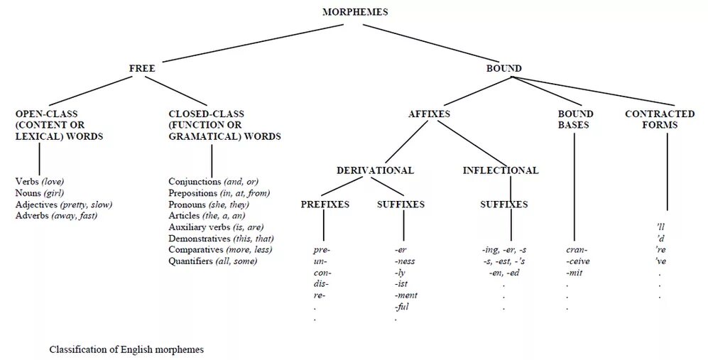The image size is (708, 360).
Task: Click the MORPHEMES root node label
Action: (355, 12)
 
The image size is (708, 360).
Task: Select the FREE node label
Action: (142, 69)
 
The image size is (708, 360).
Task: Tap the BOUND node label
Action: (503, 69)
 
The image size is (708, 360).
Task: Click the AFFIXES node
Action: (429, 114)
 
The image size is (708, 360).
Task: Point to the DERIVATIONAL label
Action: (375, 170)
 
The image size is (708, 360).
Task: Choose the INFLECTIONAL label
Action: (501, 170)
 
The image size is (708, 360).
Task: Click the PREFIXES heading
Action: (325, 204)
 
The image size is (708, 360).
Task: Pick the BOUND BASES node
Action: (575, 119)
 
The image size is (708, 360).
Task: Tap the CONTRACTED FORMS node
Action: (660, 119)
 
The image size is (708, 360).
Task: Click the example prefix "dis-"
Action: (320, 284)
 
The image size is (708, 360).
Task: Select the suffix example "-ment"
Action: (406, 295)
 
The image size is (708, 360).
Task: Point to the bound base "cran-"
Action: (577, 250)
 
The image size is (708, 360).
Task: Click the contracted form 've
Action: (660, 261)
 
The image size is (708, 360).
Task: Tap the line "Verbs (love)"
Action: (40, 182)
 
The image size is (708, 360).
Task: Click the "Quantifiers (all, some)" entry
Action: (212, 261)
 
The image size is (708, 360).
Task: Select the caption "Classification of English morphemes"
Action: (126, 350)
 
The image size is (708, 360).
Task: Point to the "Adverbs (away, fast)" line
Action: (56, 216)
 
